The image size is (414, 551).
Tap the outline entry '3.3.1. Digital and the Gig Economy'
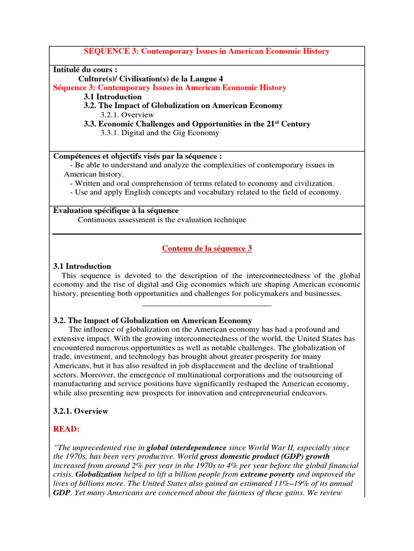coord(160,133)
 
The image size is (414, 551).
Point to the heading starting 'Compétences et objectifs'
coord(137,156)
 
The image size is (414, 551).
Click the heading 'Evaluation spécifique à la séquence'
coord(116,210)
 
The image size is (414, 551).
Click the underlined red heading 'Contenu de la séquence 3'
coord(207,248)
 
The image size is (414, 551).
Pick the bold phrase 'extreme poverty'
coord(267,475)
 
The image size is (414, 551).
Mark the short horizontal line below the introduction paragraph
coord(207,305)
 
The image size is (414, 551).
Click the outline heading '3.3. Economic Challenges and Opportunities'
coord(178,124)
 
